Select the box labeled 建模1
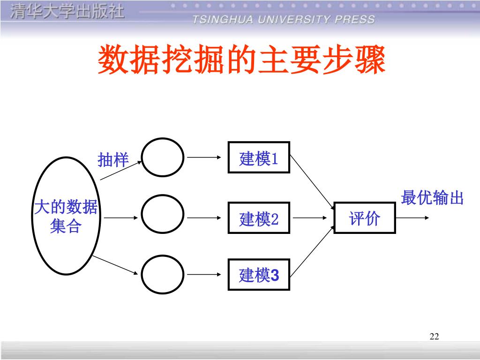click(x=259, y=157)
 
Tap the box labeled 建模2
click(x=259, y=218)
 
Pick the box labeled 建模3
click(x=259, y=275)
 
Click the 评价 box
click(x=364, y=218)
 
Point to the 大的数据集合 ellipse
click(x=66, y=216)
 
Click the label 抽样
click(x=113, y=160)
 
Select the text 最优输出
click(x=432, y=198)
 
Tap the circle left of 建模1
click(x=163, y=157)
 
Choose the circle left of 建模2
click(x=163, y=216)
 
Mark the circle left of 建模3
click(x=163, y=275)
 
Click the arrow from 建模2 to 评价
click(x=309, y=218)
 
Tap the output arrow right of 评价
click(x=411, y=218)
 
